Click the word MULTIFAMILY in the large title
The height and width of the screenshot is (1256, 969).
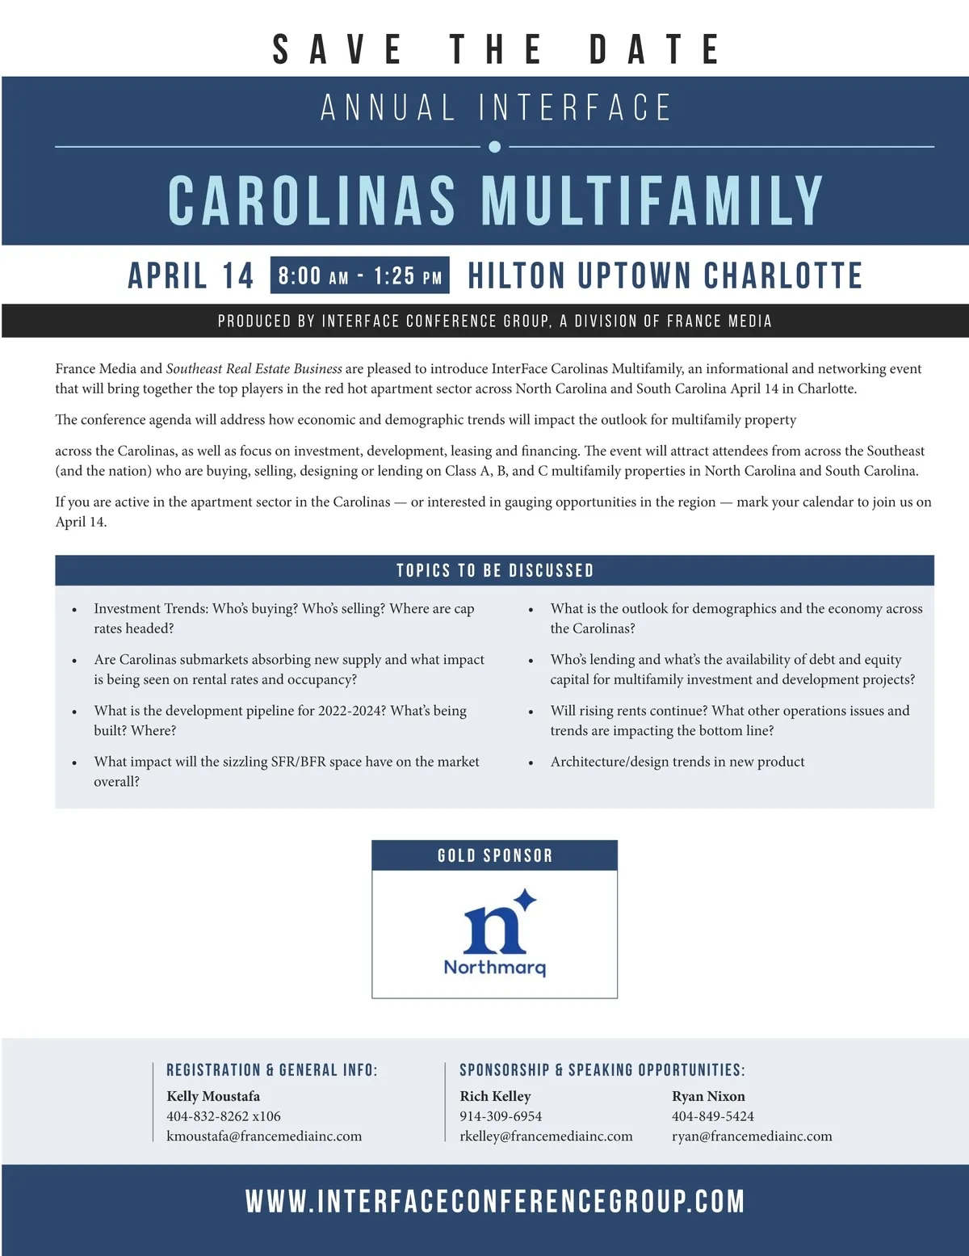pyautogui.click(x=652, y=200)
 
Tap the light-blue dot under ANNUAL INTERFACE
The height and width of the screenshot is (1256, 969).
pyautogui.click(x=495, y=146)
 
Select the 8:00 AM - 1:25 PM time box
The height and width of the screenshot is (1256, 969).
pyautogui.click(x=360, y=276)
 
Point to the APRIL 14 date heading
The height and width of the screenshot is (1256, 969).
pyautogui.click(x=191, y=276)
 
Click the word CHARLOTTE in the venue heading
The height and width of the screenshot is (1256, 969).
pyautogui.click(x=782, y=276)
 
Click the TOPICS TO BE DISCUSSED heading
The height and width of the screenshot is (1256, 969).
pyautogui.click(x=495, y=570)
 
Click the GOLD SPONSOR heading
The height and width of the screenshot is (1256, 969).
pyautogui.click(x=495, y=855)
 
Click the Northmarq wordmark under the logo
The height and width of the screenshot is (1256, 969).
pyautogui.click(x=495, y=967)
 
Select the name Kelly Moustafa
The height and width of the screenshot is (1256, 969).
pyautogui.click(x=213, y=1096)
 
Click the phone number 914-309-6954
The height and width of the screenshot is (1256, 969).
pyautogui.click(x=501, y=1116)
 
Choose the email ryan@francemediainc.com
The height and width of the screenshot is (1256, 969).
pyautogui.click(x=752, y=1136)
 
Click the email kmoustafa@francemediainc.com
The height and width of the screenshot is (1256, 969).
pyautogui.click(x=264, y=1136)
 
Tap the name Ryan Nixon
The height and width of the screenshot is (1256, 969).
pyautogui.click(x=708, y=1096)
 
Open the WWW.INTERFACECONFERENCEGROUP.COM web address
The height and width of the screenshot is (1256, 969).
pyautogui.click(x=495, y=1201)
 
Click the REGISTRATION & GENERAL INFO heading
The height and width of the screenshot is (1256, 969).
pyautogui.click(x=271, y=1070)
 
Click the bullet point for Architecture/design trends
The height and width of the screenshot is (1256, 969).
pyautogui.click(x=531, y=762)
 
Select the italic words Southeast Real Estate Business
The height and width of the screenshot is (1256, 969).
pyautogui.click(x=254, y=369)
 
